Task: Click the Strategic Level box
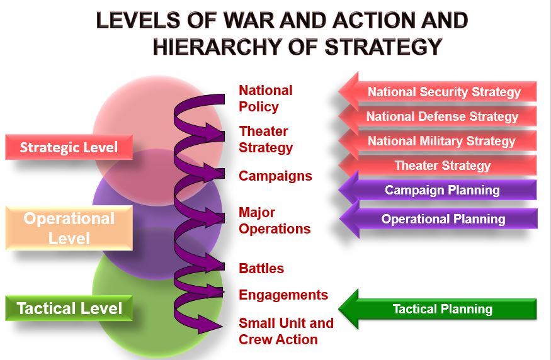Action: pyautogui.click(x=69, y=148)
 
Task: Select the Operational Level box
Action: pyautogui.click(x=69, y=228)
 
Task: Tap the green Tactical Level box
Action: pyautogui.click(x=69, y=308)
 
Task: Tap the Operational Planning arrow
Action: pyautogui.click(x=442, y=219)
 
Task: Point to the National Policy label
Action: pyautogui.click(x=265, y=99)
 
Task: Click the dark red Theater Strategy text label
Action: pyautogui.click(x=265, y=140)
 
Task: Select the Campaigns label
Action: pyautogui.click(x=275, y=176)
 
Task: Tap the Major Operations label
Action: pyautogui.click(x=274, y=221)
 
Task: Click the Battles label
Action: pyautogui.click(x=261, y=269)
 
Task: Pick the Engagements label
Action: pyautogui.click(x=283, y=295)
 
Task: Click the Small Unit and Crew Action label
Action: pyautogui.click(x=285, y=332)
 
